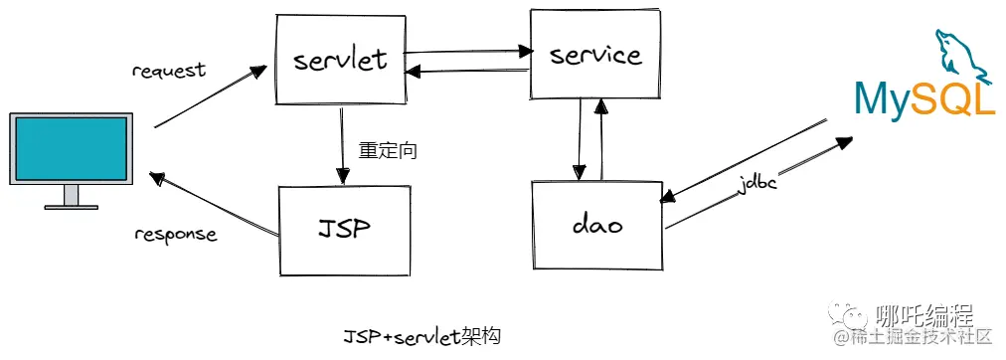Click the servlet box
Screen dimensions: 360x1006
point(340,59)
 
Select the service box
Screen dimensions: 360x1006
point(595,54)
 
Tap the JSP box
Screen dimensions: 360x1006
point(344,230)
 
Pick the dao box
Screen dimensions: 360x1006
point(596,226)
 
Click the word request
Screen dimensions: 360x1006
point(168,71)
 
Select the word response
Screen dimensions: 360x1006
point(175,235)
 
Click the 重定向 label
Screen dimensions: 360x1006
point(387,152)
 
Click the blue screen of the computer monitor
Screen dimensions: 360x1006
point(70,147)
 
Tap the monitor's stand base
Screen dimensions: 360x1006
point(71,206)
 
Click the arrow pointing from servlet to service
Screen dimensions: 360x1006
point(467,50)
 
